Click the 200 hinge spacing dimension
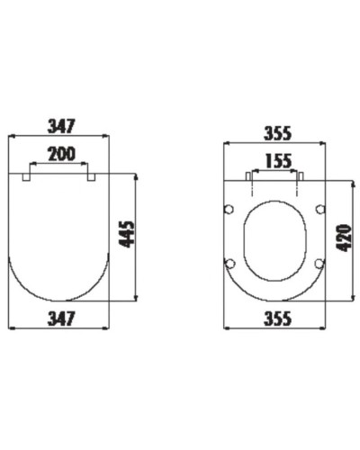[61, 154]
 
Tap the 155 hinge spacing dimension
[274, 161]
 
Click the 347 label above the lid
[59, 124]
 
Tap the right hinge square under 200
[91, 177]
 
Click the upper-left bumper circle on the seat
[229, 210]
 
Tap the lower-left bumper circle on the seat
[229, 263]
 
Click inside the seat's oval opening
[274, 238]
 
